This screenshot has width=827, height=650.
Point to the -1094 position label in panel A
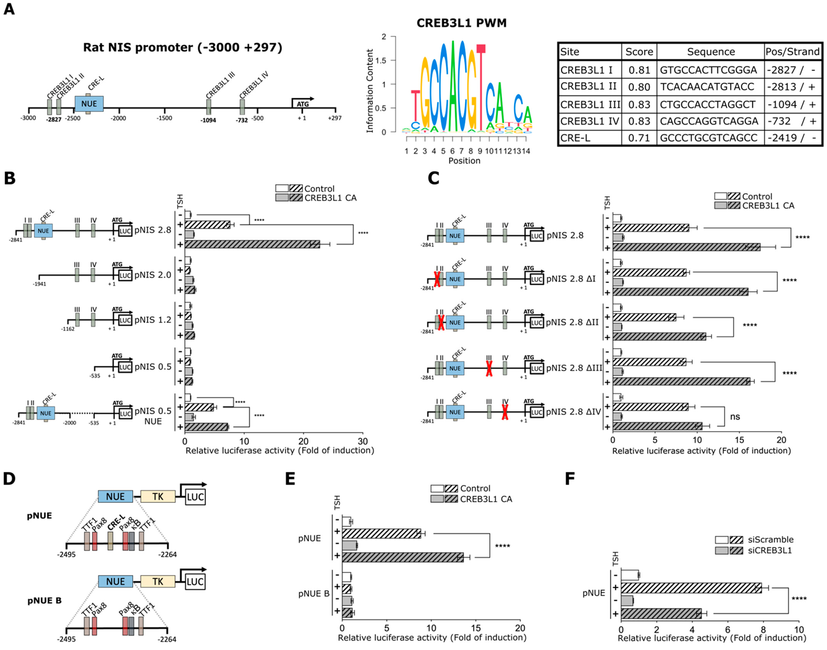(208, 120)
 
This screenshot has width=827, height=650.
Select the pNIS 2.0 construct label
(153, 275)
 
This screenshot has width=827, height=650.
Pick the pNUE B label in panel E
(314, 594)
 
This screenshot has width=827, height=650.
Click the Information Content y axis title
(369, 91)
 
